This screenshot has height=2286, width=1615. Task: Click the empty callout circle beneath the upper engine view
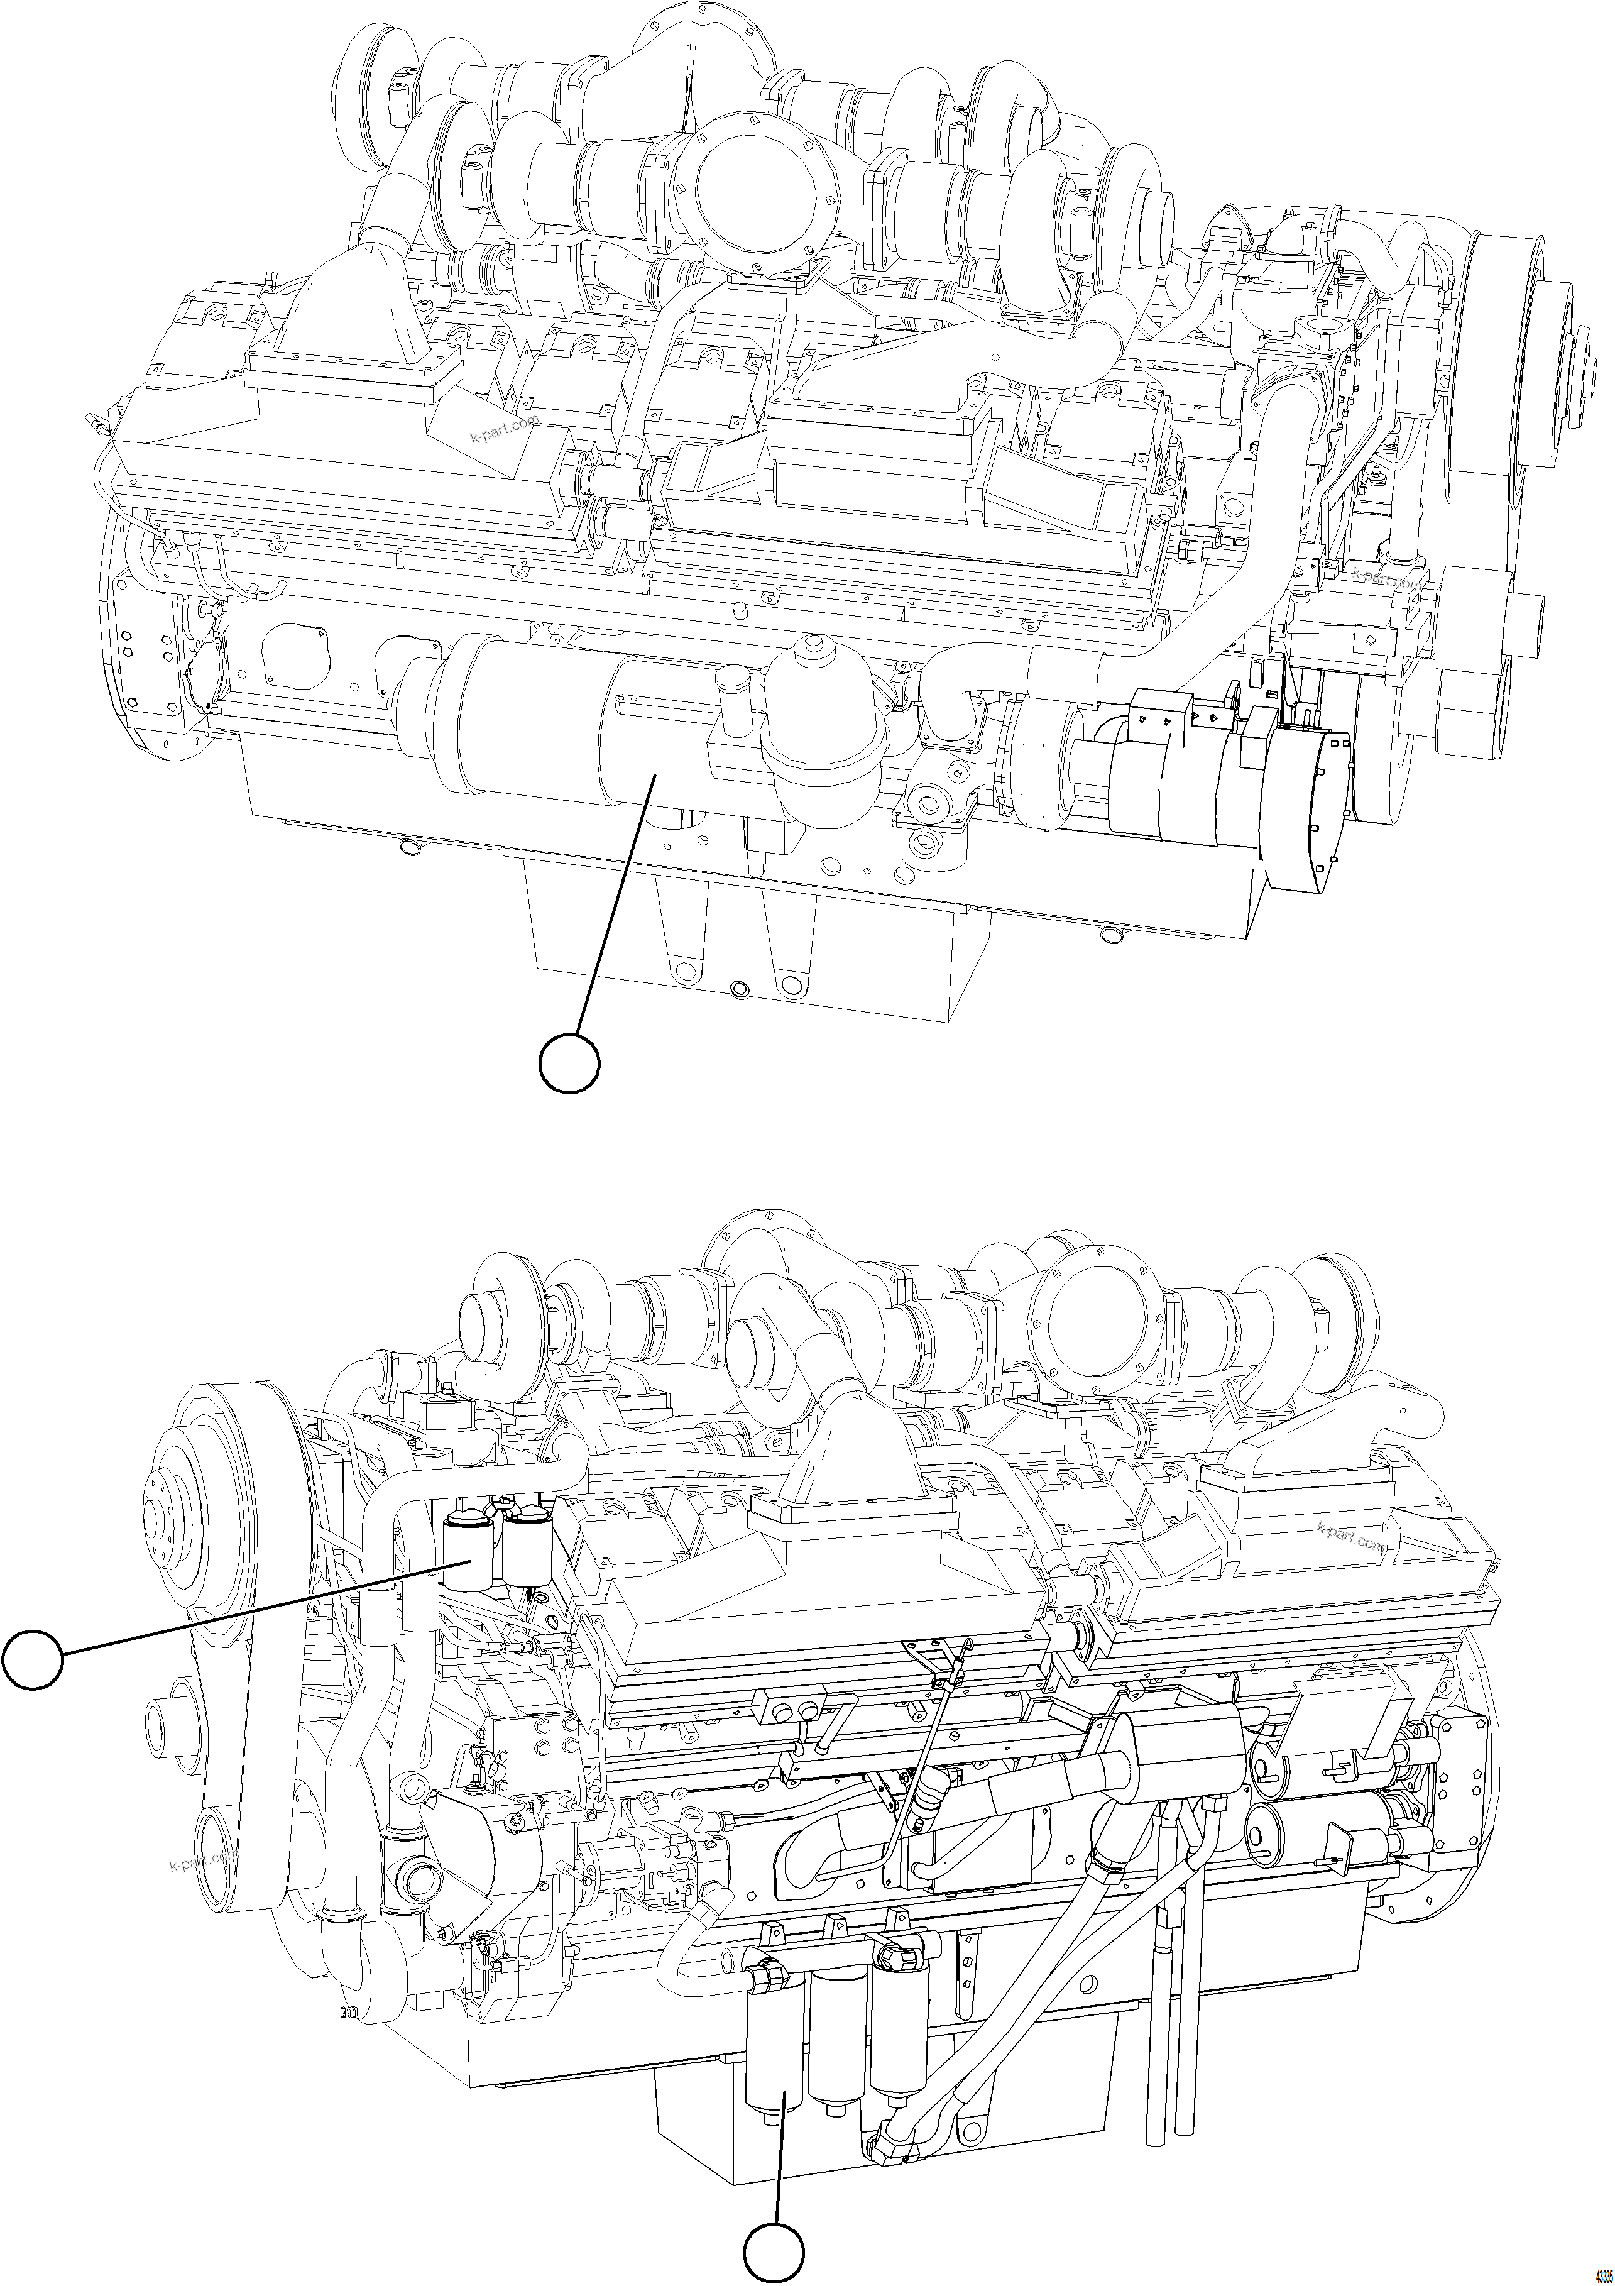click(569, 1063)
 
